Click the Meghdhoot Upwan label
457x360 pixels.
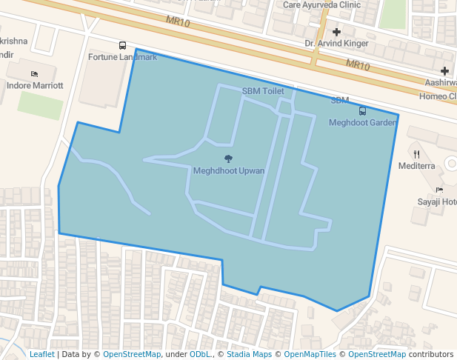tap(229, 171)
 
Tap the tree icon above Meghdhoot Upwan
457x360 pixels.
tap(228, 159)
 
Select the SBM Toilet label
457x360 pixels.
tap(263, 91)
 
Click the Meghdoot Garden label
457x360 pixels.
tap(363, 122)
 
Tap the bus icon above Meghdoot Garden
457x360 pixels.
tap(362, 111)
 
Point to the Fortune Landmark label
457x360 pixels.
tap(122, 57)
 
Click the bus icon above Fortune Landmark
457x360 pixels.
tap(122, 46)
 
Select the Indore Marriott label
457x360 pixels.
tap(35, 86)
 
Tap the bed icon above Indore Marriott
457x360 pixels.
tap(34, 74)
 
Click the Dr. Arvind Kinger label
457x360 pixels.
tap(336, 44)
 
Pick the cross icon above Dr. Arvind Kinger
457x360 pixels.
tap(337, 32)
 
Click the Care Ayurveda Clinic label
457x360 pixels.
tap(321, 4)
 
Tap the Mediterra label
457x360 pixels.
tap(416, 166)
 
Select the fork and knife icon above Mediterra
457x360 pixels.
tap(417, 154)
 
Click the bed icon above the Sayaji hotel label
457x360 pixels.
tap(439, 190)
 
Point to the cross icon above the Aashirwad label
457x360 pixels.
tap(444, 71)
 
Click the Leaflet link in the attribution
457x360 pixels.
tap(41, 354)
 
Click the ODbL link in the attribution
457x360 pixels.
tap(200, 354)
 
